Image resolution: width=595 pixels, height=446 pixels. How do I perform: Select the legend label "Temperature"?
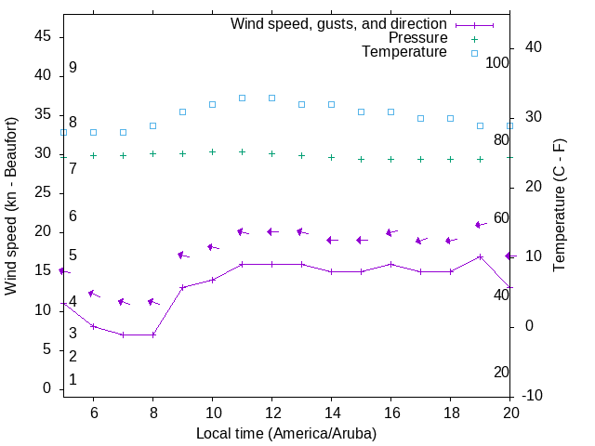(x=404, y=53)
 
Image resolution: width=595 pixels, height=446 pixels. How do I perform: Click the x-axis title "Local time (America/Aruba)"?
(x=286, y=433)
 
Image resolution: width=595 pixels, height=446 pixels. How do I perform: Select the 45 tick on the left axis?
(x=43, y=36)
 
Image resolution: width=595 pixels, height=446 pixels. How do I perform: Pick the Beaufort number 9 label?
(x=73, y=68)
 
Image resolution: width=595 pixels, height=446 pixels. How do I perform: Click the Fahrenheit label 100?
(x=498, y=63)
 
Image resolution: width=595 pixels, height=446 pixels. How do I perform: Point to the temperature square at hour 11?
(x=242, y=98)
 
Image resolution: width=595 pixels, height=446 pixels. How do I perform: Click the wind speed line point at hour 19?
(x=480, y=256)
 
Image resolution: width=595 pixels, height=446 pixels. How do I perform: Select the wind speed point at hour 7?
(x=123, y=334)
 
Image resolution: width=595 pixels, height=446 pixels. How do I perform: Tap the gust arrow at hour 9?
(x=182, y=256)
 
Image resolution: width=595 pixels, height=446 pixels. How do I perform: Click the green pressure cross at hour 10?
(x=212, y=152)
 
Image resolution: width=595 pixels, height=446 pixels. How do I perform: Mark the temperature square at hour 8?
(x=152, y=125)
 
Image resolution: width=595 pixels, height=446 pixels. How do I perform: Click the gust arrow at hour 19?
(x=480, y=225)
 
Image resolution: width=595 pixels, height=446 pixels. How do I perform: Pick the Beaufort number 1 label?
(x=73, y=380)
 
